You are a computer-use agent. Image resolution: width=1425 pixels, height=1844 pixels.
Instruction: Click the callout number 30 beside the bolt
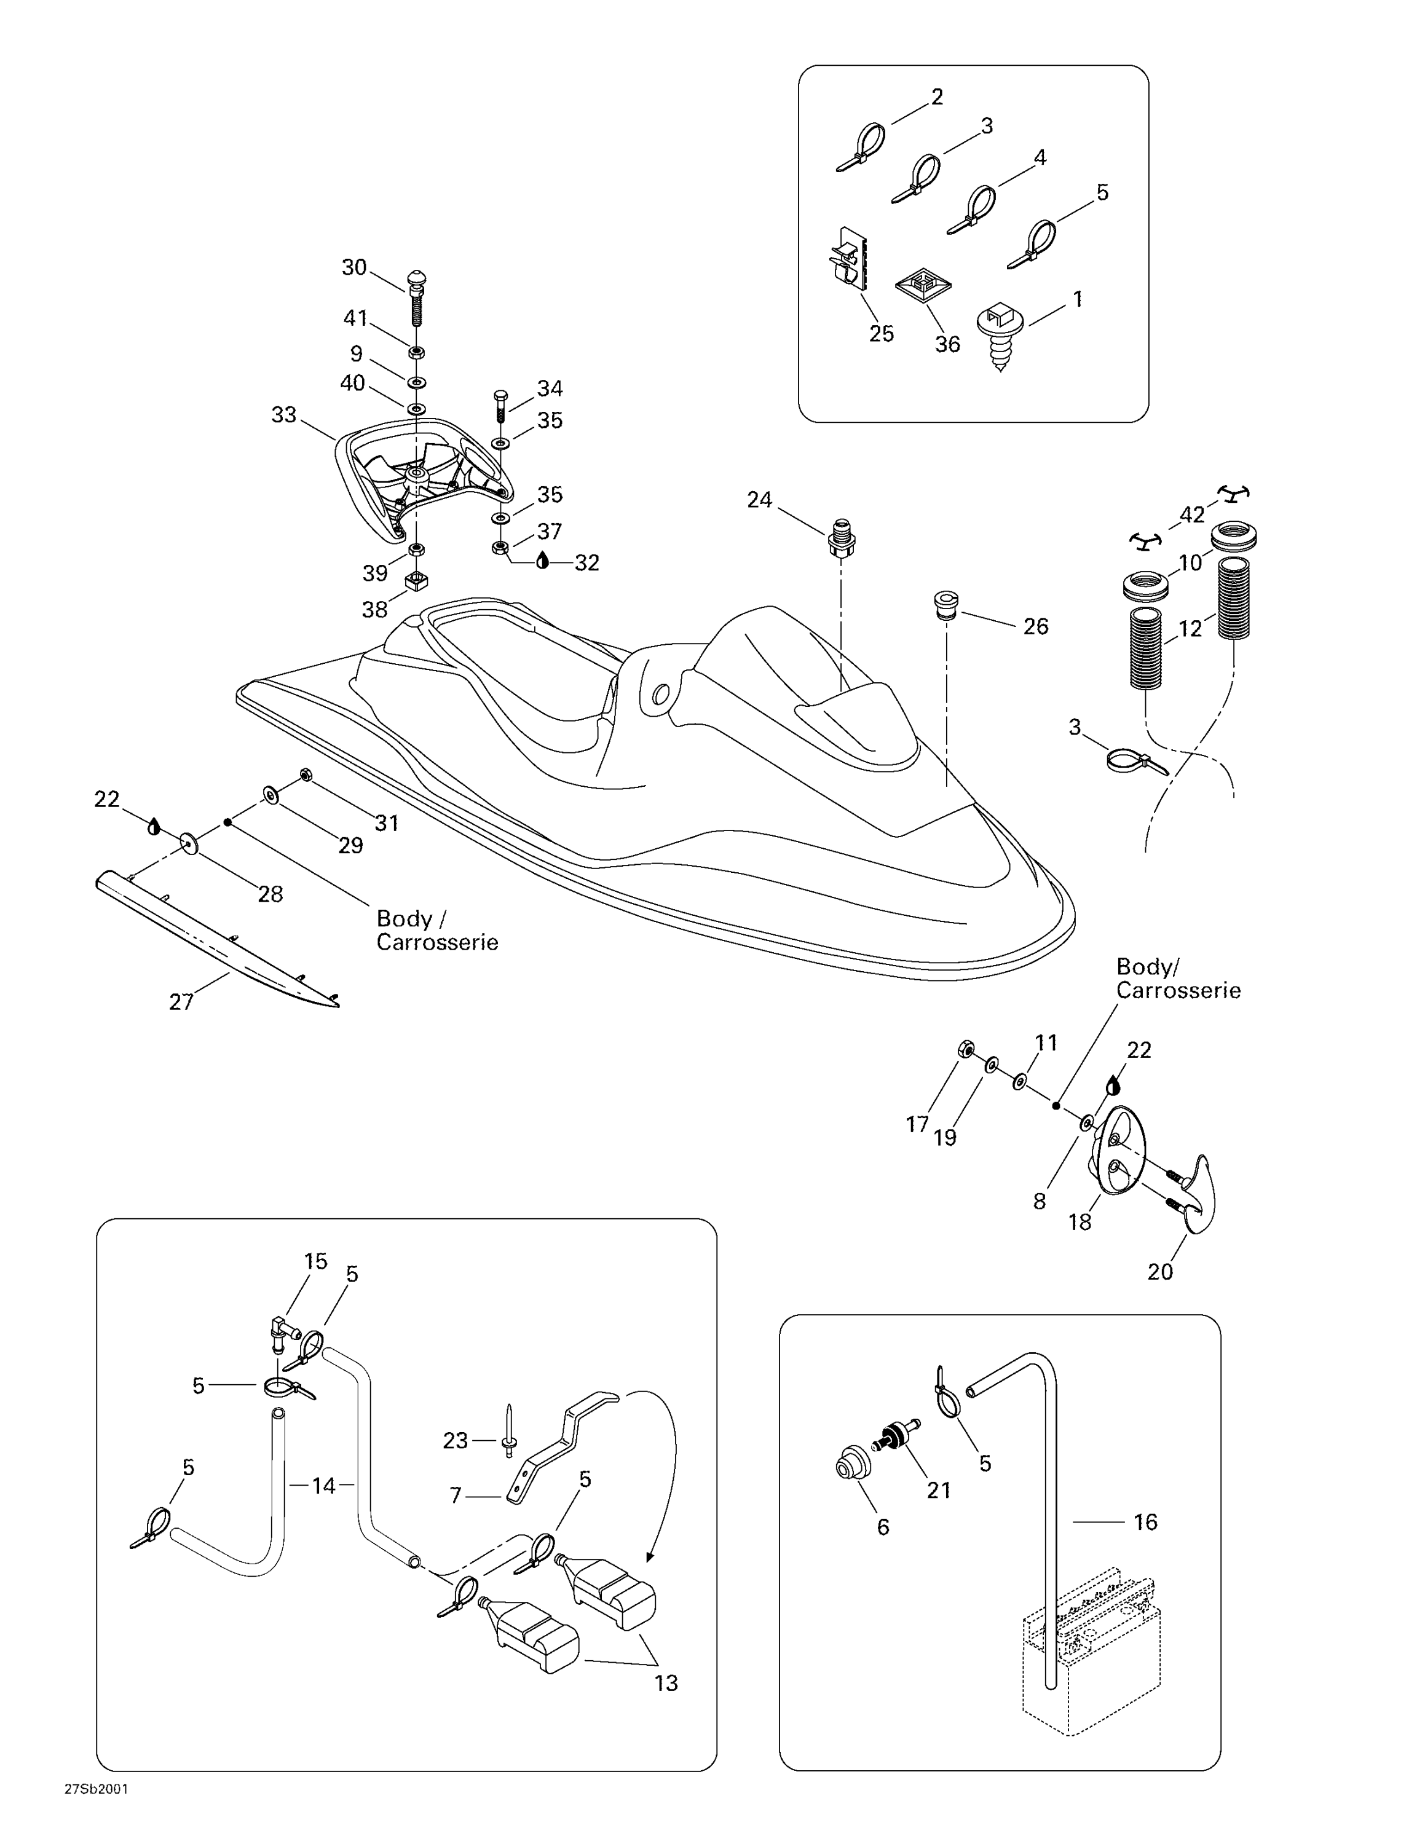tap(353, 267)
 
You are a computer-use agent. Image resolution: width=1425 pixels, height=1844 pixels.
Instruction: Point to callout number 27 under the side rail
tap(181, 1001)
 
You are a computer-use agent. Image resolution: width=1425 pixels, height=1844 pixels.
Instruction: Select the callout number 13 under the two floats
tap(666, 1683)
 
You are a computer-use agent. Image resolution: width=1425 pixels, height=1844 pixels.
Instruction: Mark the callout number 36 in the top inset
tap(947, 344)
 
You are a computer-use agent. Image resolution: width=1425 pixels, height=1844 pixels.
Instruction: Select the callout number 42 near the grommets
tap(1192, 514)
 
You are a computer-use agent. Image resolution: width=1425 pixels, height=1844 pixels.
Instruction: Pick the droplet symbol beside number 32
tap(543, 561)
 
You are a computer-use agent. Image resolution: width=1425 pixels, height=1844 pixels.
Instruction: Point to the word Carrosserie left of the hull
tap(437, 942)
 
